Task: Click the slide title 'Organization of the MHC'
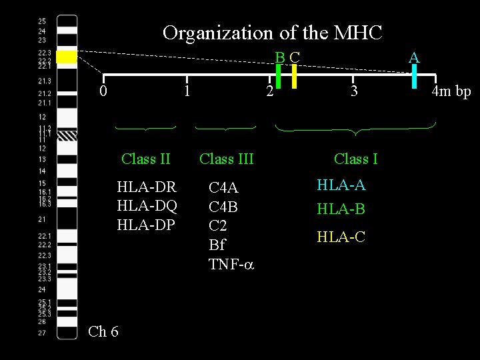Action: pos(273,32)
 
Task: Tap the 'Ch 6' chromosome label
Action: pos(103,331)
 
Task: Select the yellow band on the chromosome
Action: pos(67,58)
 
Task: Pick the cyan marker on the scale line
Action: pos(414,75)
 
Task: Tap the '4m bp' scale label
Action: pos(451,91)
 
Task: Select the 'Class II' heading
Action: pos(146,159)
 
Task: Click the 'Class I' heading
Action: pos(355,159)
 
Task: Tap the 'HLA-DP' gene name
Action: pos(146,225)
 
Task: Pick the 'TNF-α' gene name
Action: pos(231,264)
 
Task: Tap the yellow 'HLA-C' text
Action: pos(341,235)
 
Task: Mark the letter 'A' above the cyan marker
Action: pos(414,57)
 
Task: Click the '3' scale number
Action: pos(355,91)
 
